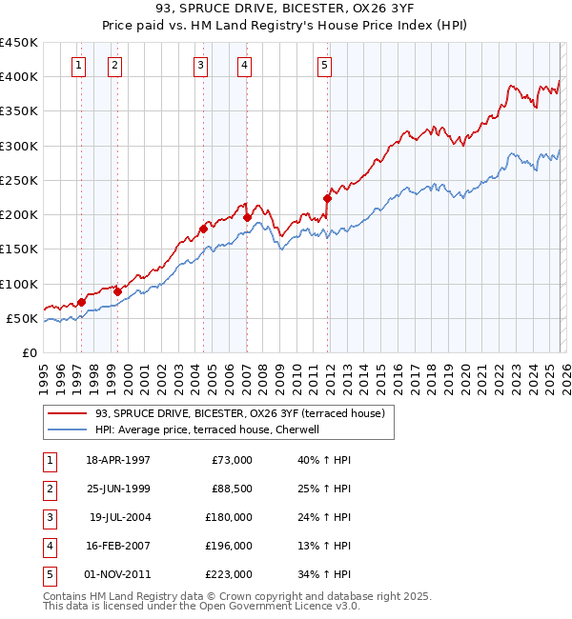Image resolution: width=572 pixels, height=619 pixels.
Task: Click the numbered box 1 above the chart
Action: (77, 65)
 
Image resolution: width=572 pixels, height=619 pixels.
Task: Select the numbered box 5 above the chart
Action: (324, 65)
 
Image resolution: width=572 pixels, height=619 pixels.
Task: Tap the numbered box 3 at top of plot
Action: (201, 65)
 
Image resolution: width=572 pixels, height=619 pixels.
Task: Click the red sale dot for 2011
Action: (327, 199)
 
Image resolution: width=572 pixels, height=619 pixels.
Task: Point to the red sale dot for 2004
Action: (203, 229)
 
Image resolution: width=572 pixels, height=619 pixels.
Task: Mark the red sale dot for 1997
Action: (81, 302)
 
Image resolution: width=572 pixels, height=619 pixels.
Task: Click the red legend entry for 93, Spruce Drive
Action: (239, 413)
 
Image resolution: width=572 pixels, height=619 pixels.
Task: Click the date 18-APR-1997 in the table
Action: (118, 460)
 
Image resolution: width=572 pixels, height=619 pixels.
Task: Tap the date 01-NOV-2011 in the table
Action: (118, 574)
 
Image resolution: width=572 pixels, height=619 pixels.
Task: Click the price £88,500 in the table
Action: (230, 489)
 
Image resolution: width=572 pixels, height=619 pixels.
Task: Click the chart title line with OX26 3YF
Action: (286, 10)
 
